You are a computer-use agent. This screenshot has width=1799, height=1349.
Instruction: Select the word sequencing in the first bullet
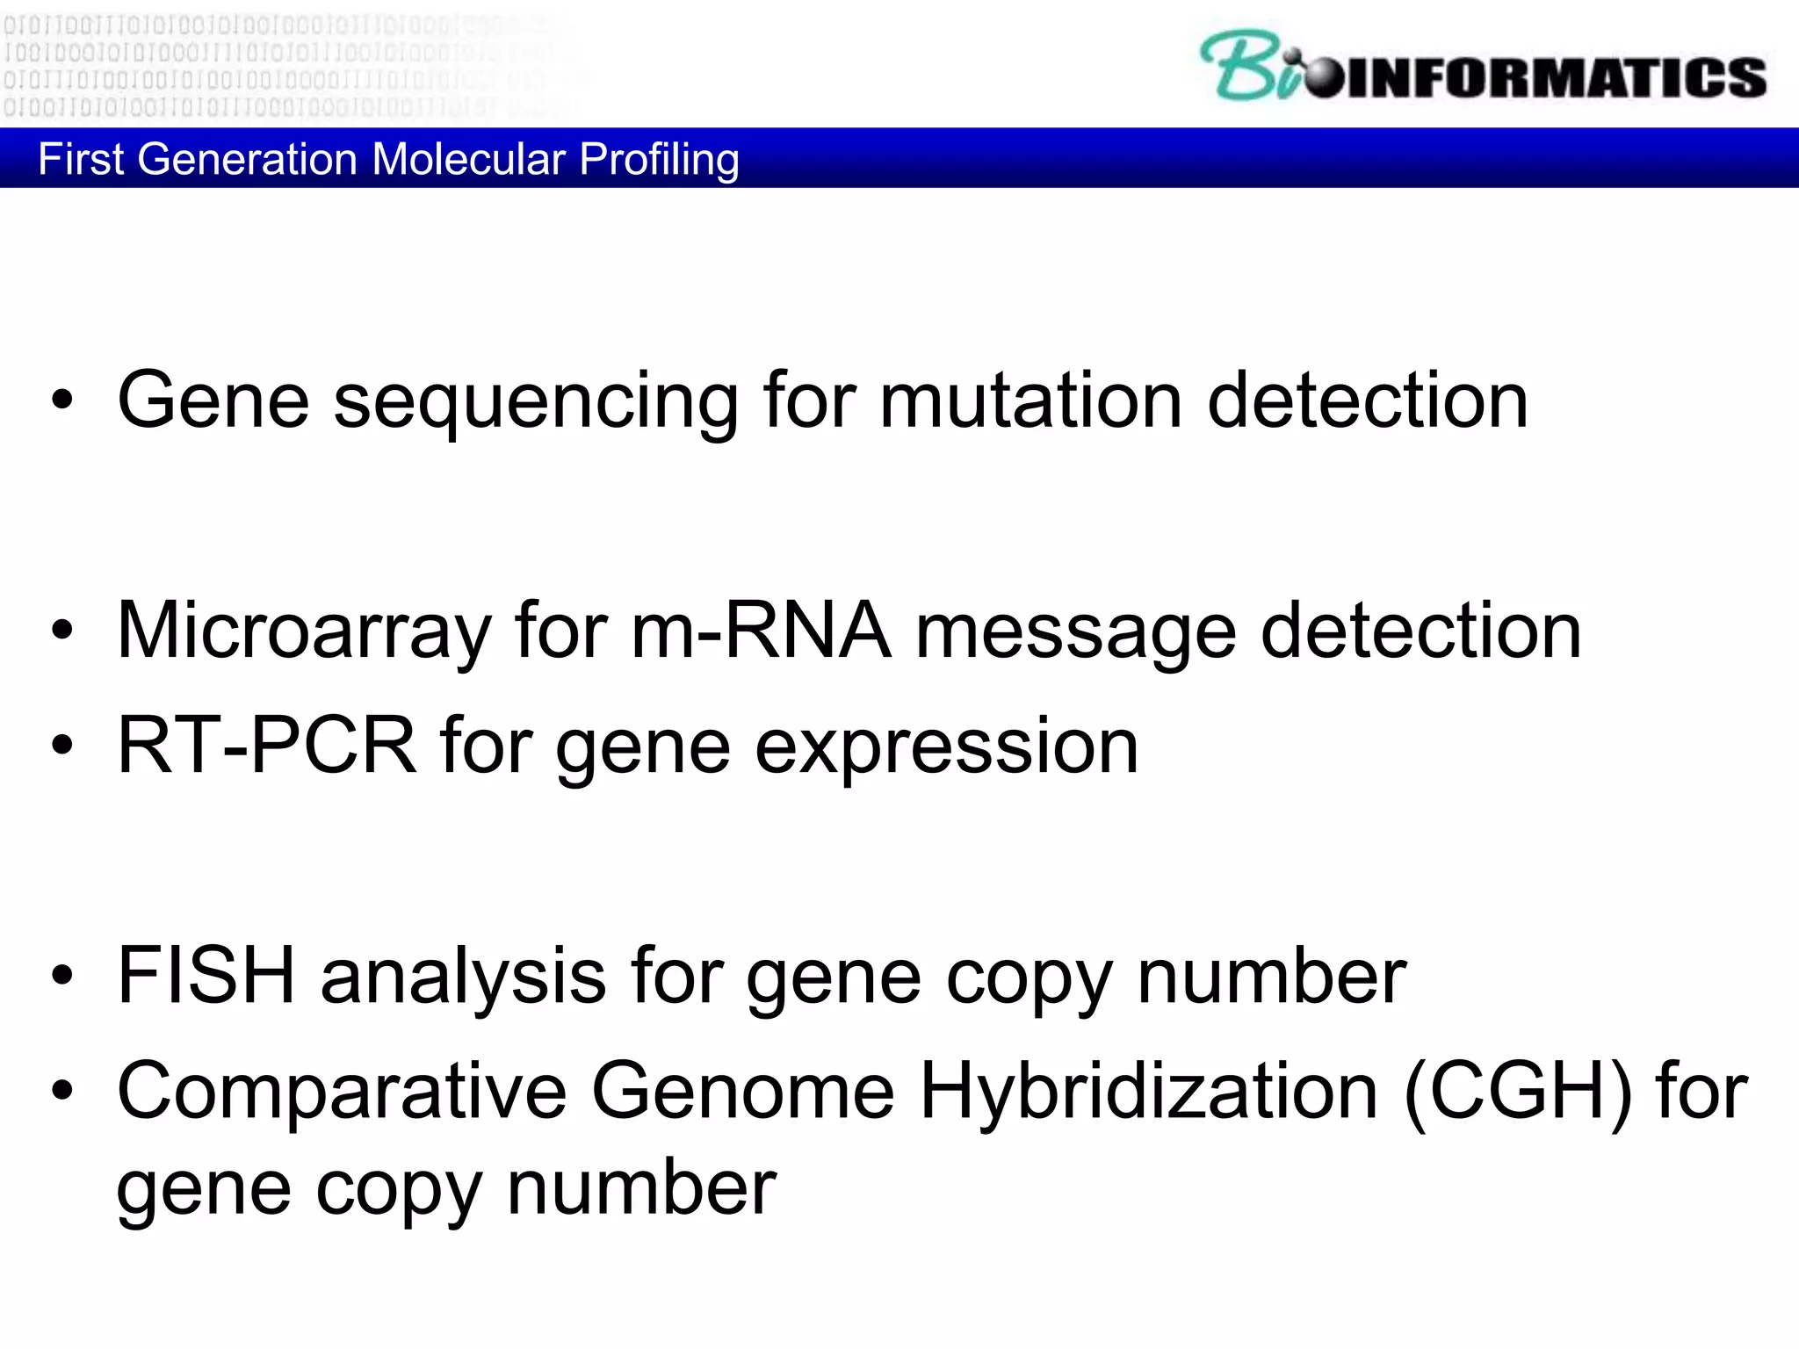click(x=536, y=402)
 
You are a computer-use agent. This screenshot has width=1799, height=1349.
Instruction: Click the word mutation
click(x=1030, y=400)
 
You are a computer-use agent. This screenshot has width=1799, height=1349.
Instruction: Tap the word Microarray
click(x=304, y=632)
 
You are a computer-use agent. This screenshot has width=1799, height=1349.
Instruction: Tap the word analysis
click(x=463, y=977)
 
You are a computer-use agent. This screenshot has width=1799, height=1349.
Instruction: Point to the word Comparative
click(x=343, y=1092)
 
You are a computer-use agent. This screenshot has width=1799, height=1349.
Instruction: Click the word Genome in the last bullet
click(x=742, y=1092)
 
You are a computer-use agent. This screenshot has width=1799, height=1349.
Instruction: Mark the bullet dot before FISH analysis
click(x=62, y=976)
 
